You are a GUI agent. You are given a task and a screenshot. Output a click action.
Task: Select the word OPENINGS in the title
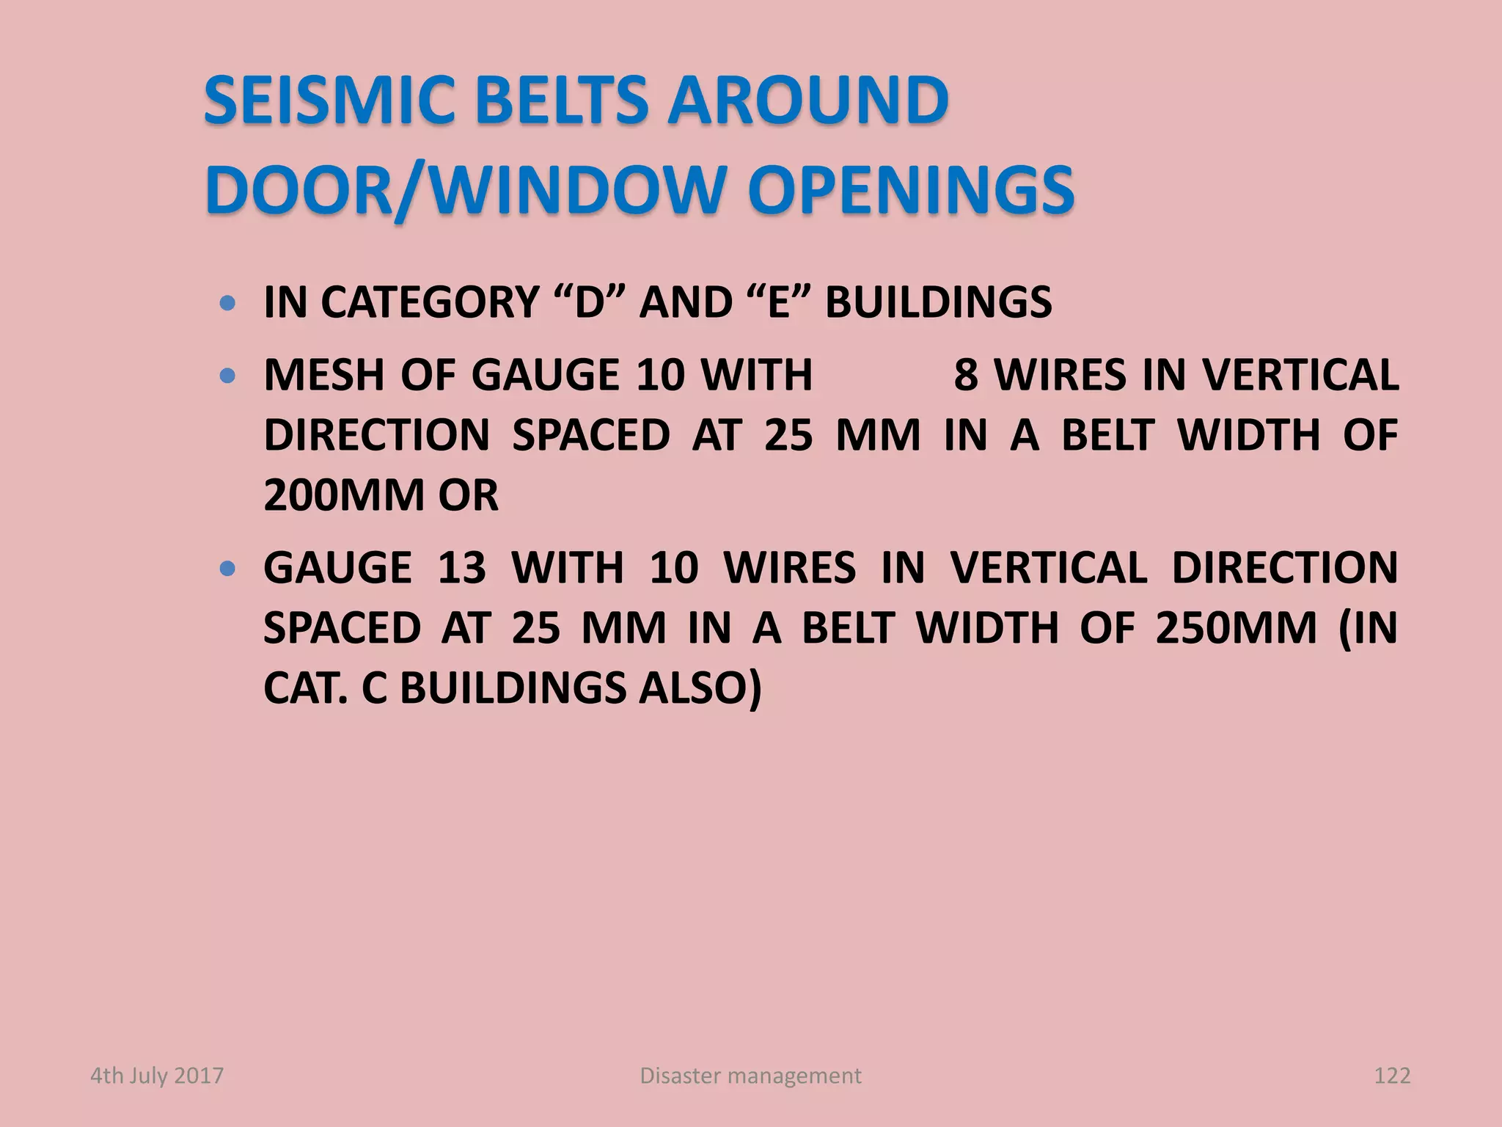(x=911, y=190)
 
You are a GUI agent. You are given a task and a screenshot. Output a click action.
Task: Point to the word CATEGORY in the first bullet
(x=431, y=302)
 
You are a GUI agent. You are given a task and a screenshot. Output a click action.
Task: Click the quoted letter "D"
(x=590, y=302)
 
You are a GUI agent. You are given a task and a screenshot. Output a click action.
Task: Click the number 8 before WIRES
(x=966, y=376)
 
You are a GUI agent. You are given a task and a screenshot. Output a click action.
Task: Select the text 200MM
(x=344, y=495)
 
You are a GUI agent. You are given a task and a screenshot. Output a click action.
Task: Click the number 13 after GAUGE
(x=461, y=568)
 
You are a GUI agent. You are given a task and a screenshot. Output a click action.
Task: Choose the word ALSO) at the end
(x=700, y=688)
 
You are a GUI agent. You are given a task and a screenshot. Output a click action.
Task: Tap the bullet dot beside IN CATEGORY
(x=228, y=302)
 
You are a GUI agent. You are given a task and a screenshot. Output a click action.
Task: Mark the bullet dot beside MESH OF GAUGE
(x=228, y=376)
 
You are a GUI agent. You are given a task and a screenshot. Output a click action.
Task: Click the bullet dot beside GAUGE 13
(x=228, y=568)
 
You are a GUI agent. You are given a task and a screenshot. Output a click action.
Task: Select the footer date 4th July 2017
(x=157, y=1076)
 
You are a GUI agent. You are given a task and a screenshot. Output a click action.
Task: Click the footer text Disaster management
(x=750, y=1076)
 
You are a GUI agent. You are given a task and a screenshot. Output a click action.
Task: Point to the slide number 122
(x=1392, y=1076)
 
